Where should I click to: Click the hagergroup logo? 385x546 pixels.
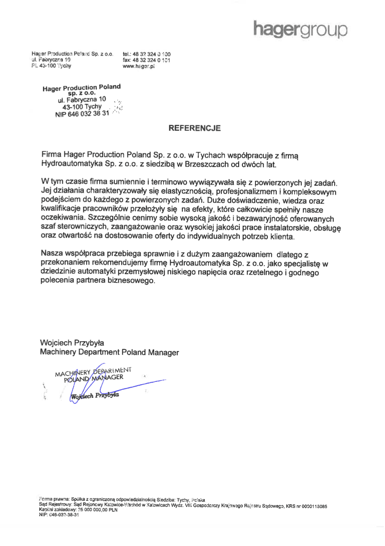tap(300, 30)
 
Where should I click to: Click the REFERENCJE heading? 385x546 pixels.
tap(194, 128)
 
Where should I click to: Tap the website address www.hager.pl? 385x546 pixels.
tap(139, 66)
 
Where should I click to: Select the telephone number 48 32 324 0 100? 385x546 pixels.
tap(151, 54)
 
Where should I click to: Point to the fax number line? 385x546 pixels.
tap(146, 60)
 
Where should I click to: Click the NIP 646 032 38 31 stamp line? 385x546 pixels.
tap(82, 114)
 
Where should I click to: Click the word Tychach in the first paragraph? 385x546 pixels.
tap(210, 155)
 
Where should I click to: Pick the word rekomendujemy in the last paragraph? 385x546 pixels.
tap(119, 263)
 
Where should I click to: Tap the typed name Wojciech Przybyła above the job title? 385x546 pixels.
tap(72, 343)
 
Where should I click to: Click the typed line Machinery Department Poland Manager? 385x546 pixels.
tap(109, 352)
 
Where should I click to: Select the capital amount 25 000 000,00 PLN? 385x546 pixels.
tap(98, 510)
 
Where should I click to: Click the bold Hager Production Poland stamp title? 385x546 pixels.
tap(82, 88)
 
